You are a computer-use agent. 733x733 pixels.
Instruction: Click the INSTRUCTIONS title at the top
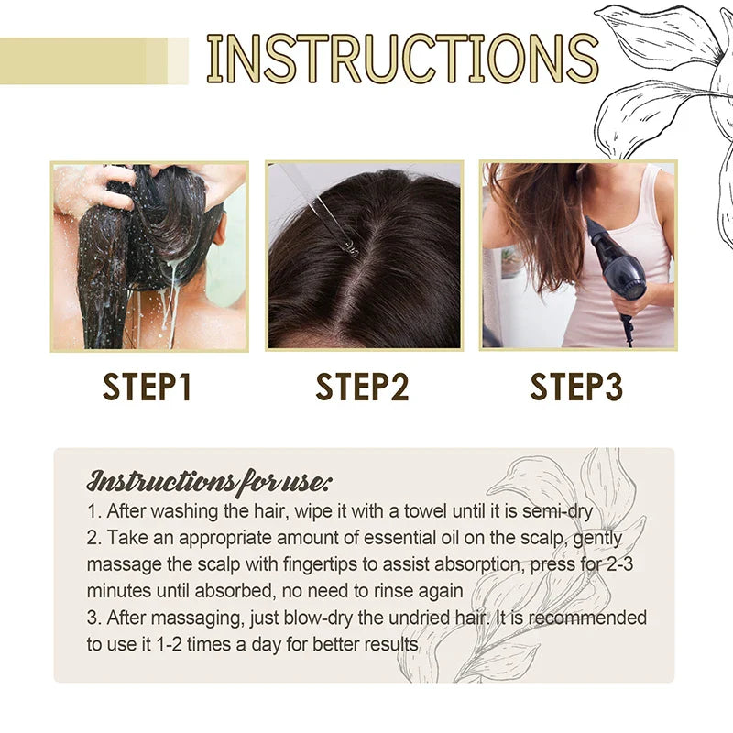[402, 59]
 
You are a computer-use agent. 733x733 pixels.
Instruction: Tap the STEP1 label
[148, 387]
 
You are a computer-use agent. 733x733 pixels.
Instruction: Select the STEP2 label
[362, 387]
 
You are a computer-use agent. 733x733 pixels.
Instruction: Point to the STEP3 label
[576, 387]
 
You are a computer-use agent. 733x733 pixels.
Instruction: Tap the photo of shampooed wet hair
[149, 257]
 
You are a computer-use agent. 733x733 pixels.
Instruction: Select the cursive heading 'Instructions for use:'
[210, 480]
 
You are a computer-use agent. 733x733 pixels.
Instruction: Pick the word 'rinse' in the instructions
[398, 591]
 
